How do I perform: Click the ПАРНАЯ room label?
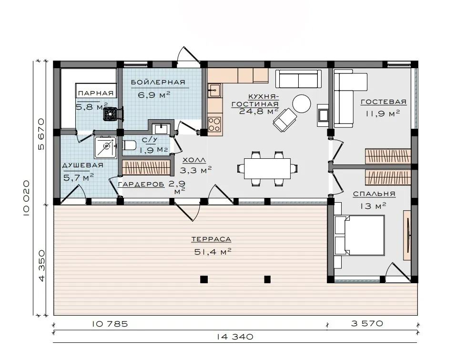click(96, 93)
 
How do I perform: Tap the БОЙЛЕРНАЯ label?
click(158, 82)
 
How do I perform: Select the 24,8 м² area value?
click(259, 111)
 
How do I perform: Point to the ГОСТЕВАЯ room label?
click(383, 102)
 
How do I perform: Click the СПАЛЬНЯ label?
click(374, 194)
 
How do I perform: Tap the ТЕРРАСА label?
click(211, 239)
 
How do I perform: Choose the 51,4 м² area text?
click(213, 252)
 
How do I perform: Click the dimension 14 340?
click(235, 337)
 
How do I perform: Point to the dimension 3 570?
click(367, 323)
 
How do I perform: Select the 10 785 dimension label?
click(110, 324)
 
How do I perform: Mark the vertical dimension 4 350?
click(41, 265)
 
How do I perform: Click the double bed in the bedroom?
click(359, 236)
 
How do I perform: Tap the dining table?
click(267, 168)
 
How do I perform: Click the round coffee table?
click(301, 103)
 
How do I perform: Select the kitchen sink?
click(214, 90)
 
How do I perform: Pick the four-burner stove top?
click(214, 124)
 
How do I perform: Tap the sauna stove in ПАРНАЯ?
click(111, 113)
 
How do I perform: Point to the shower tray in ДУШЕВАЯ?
click(105, 147)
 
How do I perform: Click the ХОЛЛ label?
click(194, 160)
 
